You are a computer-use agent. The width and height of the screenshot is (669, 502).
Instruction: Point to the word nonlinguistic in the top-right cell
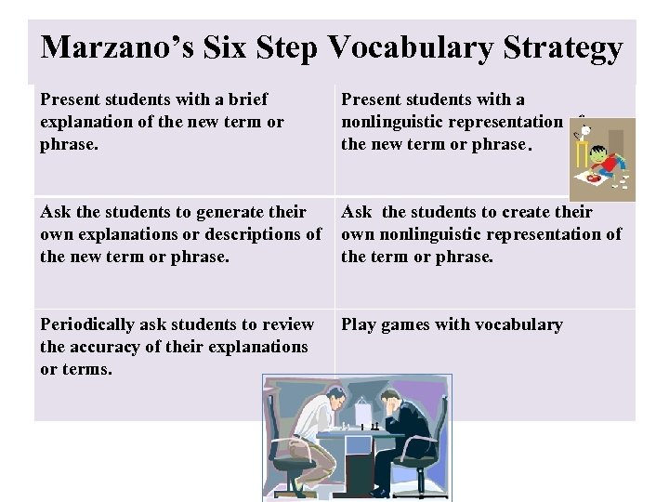403,123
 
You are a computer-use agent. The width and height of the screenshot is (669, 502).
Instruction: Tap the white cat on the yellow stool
585,131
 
